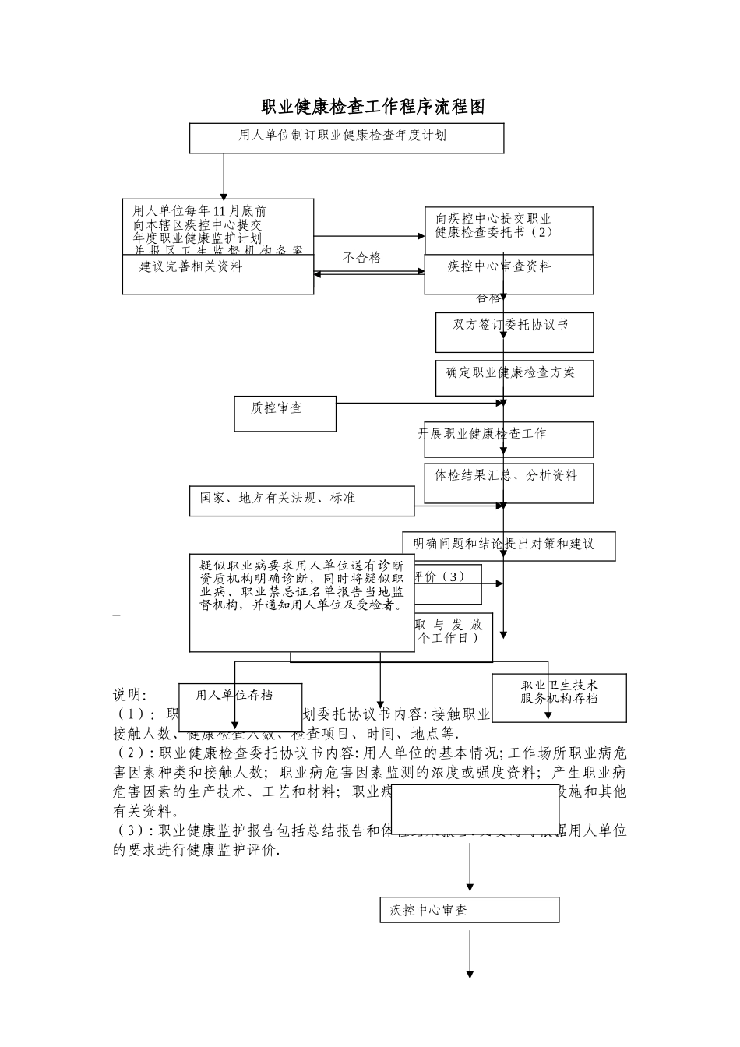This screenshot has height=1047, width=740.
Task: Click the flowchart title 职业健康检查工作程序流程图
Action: (372, 107)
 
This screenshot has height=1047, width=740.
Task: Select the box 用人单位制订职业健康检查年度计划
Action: (347, 137)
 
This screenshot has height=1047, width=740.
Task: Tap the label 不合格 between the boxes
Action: (362, 257)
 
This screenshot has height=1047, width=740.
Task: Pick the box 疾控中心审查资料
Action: (508, 274)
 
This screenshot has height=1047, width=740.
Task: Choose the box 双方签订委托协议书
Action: (514, 332)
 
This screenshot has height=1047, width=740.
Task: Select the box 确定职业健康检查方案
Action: (514, 378)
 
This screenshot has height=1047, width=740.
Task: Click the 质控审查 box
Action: (284, 413)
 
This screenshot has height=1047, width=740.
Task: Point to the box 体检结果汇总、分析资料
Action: (509, 483)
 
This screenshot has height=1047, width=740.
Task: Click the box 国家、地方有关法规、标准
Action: (301, 501)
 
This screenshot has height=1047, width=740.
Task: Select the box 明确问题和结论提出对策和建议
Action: (509, 545)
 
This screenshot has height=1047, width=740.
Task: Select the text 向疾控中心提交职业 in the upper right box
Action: (494, 219)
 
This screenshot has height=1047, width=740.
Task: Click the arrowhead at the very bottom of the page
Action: (470, 974)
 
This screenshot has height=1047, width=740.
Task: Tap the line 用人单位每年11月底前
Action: (200, 210)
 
